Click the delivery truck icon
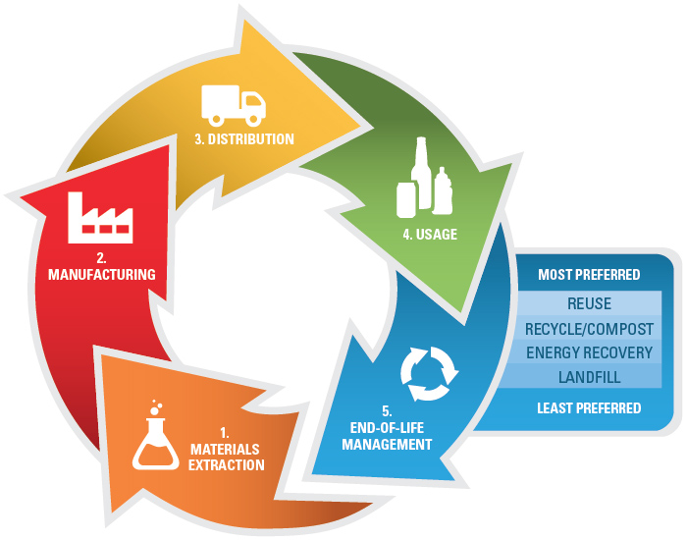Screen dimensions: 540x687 pos(234,102)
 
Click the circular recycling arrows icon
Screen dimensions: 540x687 pos(429,375)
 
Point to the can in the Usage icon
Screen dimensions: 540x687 pos(405,200)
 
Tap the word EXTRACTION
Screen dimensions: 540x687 pos(227,464)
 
